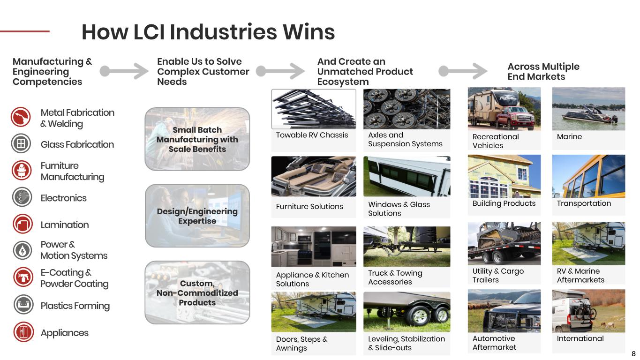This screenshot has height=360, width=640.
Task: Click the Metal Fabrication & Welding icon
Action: (x=21, y=117)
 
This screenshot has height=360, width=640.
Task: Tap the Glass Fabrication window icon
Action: (x=21, y=143)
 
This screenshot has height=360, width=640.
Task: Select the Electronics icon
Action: (x=22, y=197)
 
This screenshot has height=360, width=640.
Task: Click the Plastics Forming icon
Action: (x=23, y=305)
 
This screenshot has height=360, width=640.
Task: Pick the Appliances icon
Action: (x=23, y=332)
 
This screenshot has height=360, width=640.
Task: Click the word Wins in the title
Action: (x=309, y=32)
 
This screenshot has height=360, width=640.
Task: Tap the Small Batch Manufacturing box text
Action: (x=197, y=139)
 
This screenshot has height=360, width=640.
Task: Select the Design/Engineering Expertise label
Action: (x=197, y=216)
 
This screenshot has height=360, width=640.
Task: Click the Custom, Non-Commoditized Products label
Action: (x=197, y=293)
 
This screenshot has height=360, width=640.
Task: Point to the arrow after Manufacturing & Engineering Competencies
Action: (x=124, y=71)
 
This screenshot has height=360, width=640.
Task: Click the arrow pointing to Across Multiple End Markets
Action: (x=463, y=71)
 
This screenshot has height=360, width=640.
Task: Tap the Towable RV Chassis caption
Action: (x=312, y=135)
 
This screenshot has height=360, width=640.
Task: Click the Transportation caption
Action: (x=584, y=203)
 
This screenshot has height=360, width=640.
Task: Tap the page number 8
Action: (x=633, y=354)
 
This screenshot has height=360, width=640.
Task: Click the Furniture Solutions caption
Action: (x=309, y=206)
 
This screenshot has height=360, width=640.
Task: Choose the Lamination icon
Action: (x=23, y=224)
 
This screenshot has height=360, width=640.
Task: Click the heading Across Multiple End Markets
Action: (x=543, y=71)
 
